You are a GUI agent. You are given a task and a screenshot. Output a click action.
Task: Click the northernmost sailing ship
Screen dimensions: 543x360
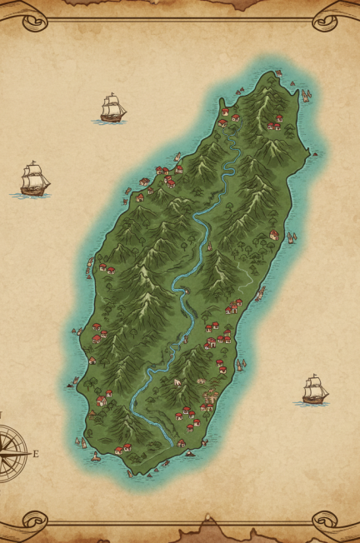pyautogui.click(x=112, y=108)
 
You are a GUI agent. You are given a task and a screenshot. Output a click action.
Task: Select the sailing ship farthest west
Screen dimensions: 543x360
pyautogui.click(x=33, y=179)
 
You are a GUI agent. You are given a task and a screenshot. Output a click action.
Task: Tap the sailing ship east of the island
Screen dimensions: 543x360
pyautogui.click(x=313, y=390)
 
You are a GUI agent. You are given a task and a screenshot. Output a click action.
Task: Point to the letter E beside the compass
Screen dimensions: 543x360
pyautogui.click(x=36, y=454)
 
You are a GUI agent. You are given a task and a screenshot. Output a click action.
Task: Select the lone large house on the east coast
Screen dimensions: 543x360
pyautogui.click(x=274, y=235)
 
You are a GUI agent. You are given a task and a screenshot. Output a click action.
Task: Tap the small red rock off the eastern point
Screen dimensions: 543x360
pyautogui.click(x=316, y=154)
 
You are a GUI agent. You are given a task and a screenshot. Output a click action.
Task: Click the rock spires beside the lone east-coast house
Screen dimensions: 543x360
pyautogui.click(x=291, y=237)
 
